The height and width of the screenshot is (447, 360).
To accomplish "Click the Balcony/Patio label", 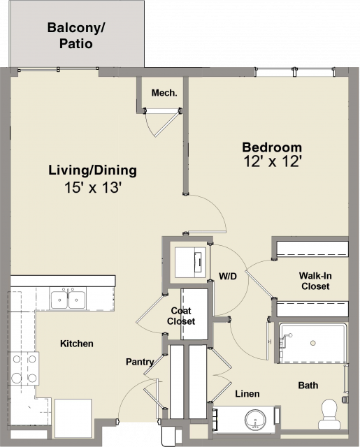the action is (76, 36).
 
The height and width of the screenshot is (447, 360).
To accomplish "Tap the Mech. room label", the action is (164, 93).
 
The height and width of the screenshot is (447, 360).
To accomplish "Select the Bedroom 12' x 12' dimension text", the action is (273, 161).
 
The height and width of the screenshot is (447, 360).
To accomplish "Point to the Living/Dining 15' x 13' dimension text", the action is (93, 188).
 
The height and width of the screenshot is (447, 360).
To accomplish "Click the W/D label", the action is (228, 276).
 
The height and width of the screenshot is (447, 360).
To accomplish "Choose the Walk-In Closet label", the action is (315, 281).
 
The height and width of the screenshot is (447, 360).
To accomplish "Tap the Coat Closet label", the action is (181, 316).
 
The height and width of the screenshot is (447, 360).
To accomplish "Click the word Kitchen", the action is (77, 344).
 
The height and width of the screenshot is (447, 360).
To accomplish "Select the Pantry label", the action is (140, 362).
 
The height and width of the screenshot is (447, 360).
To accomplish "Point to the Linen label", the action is (247, 394).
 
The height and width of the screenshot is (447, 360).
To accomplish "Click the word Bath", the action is (308, 386).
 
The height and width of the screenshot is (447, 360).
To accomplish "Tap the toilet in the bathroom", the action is (329, 414).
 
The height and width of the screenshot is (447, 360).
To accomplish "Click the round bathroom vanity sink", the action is (255, 420).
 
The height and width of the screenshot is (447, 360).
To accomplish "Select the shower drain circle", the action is (313, 343).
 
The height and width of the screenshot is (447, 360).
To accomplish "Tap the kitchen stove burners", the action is (24, 369).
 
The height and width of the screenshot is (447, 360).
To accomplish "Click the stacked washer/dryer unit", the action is (190, 263).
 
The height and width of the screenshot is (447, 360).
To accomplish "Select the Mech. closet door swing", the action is (162, 123).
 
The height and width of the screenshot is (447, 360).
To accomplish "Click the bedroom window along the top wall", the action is (294, 71).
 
